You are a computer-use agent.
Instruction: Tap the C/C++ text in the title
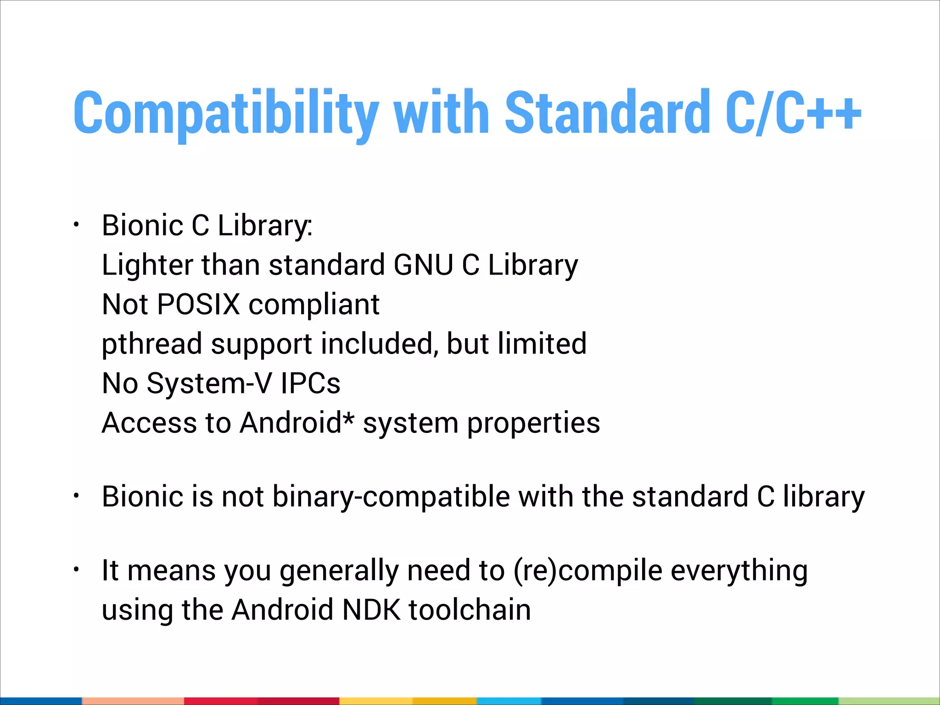click(793, 112)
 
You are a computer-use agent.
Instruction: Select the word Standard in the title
click(608, 112)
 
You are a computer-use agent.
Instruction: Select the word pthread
click(152, 344)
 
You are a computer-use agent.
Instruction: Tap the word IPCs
click(311, 383)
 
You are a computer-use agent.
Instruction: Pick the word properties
click(533, 423)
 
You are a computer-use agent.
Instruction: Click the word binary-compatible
click(391, 497)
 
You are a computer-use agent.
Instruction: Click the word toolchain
click(470, 610)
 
